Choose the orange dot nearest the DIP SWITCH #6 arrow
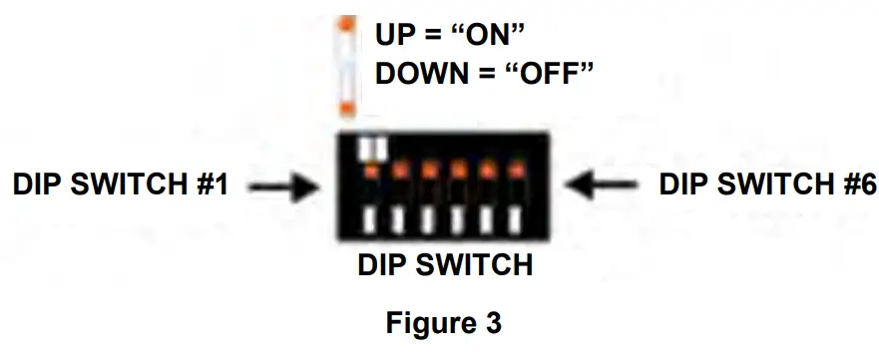pos(516,171)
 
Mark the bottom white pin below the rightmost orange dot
pos(516,219)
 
